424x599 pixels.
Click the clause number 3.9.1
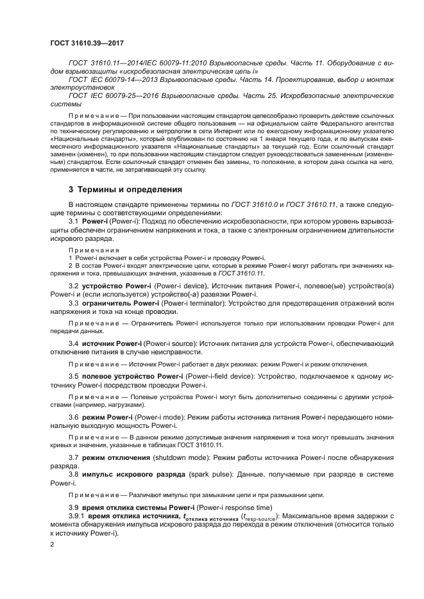(77, 516)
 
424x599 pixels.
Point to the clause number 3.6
(73, 417)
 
